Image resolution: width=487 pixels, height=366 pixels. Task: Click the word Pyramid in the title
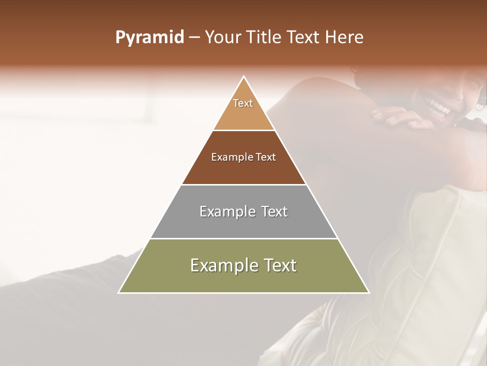pos(150,38)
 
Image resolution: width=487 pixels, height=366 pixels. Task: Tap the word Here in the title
pos(344,38)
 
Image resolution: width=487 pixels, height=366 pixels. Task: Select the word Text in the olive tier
pos(280,265)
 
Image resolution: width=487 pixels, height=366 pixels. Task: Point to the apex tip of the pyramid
pos(244,77)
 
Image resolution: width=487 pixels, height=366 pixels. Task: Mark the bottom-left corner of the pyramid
pos(119,292)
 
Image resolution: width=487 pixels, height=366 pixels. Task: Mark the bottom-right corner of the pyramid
pos(369,292)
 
